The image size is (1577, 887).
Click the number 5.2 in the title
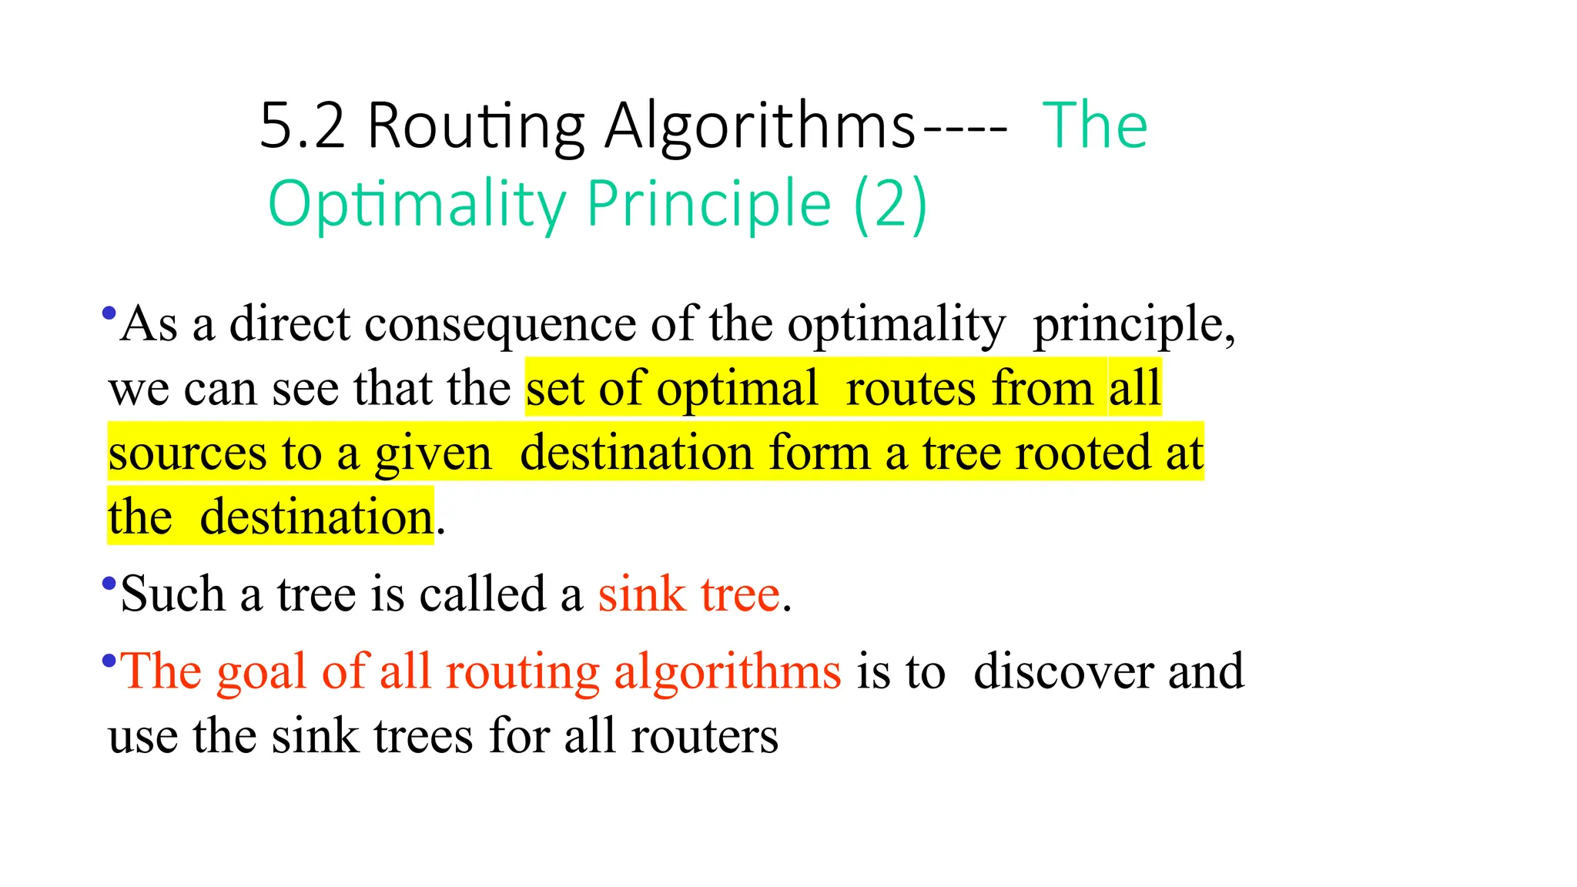302,126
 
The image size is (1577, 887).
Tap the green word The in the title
1094,126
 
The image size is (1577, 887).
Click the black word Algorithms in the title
760,126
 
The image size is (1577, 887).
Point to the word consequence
500,324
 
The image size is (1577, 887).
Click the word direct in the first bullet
290,324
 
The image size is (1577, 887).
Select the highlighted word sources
187,453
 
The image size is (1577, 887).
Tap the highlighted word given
433,453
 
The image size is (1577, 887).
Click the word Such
172,594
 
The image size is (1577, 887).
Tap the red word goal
261,671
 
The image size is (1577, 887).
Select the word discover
1063,671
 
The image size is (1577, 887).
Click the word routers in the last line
705,736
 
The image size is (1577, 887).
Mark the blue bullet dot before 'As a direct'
109,313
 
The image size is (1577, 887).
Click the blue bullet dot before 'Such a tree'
109,583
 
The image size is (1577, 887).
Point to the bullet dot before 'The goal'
109,660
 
